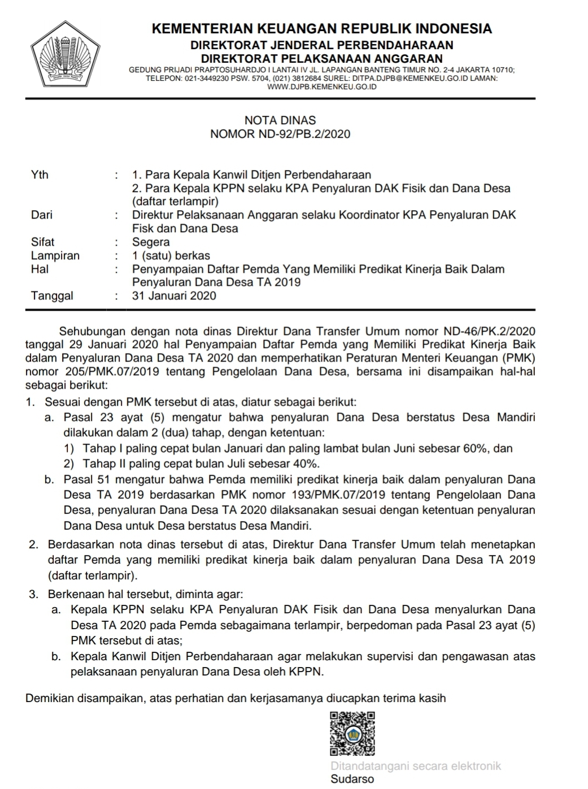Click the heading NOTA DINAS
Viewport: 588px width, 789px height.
280,120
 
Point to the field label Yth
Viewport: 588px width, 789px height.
40,175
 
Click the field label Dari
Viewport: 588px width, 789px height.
41,215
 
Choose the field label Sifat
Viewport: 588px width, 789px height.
42,242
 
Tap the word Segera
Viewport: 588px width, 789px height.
151,242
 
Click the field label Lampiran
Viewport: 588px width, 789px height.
55,255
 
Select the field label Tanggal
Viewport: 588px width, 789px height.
52,295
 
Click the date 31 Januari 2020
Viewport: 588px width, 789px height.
174,295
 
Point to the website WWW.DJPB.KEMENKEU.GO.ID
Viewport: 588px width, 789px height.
321,87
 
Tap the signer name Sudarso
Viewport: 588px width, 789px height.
352,779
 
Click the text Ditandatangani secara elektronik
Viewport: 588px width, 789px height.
416,766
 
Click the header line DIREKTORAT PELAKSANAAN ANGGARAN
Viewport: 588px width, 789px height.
322,58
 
